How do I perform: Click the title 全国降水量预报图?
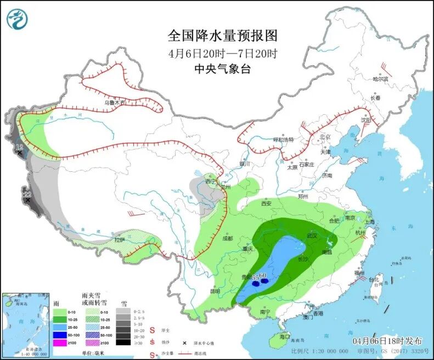(x=222, y=36)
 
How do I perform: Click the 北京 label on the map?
(x=326, y=137)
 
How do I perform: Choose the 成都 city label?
(x=228, y=238)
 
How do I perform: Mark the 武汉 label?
(x=313, y=235)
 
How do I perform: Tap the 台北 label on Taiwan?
(x=375, y=280)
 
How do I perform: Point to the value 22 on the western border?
(x=26, y=194)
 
